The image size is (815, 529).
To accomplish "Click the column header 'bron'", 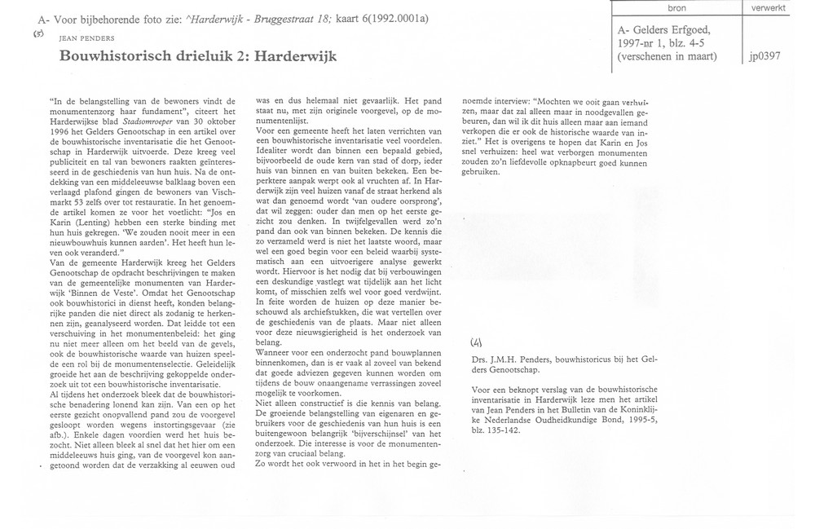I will click(676, 7).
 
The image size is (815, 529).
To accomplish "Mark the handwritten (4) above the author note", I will click(478, 340).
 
